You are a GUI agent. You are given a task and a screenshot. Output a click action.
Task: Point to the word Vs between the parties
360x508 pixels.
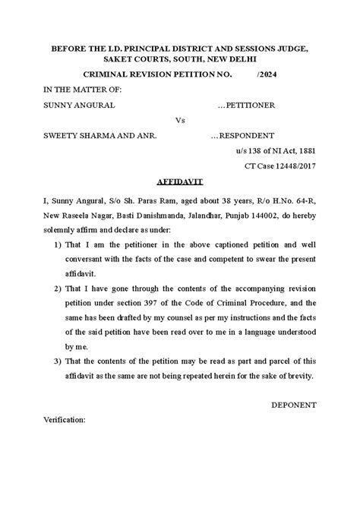tap(180, 120)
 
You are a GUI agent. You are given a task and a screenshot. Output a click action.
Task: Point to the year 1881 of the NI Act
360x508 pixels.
tap(306, 150)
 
